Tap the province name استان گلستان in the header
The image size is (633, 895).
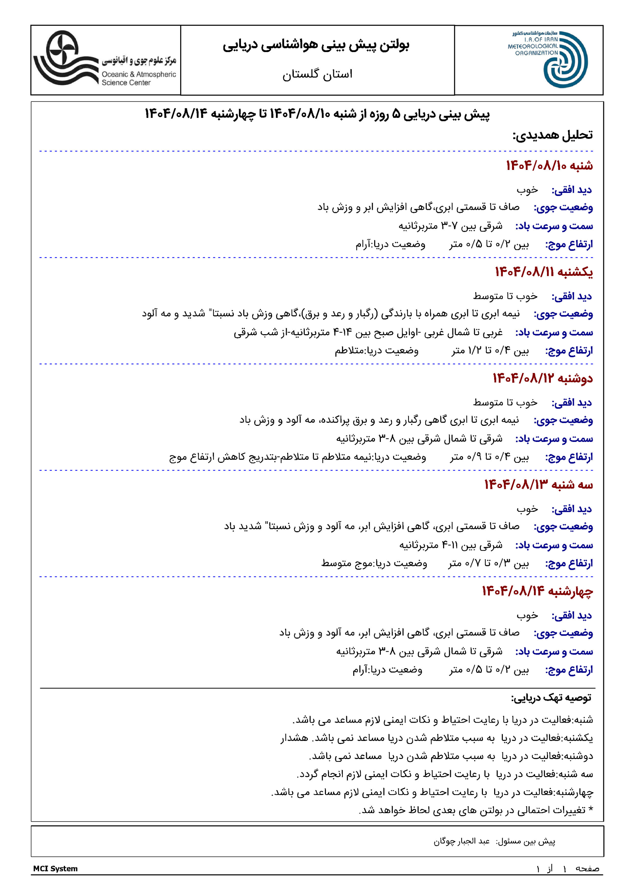tap(317, 74)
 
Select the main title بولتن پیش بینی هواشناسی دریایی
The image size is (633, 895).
tap(316, 45)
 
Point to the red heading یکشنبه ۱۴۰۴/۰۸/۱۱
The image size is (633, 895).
tap(544, 272)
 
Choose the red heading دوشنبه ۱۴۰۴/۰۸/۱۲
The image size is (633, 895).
tap(542, 378)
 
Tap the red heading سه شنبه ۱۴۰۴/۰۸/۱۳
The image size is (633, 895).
tap(538, 485)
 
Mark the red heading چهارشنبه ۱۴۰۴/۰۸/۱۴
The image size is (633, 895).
tap(537, 591)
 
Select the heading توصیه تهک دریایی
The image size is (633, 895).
tap(551, 698)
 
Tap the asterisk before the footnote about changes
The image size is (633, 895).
tap(590, 809)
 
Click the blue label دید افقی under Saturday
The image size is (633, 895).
tap(571, 190)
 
